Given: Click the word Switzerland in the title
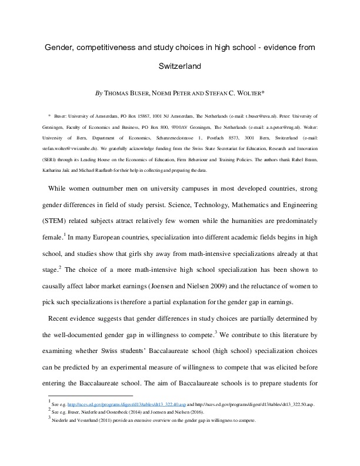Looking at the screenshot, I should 180,66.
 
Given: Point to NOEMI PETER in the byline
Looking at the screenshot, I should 176,93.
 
